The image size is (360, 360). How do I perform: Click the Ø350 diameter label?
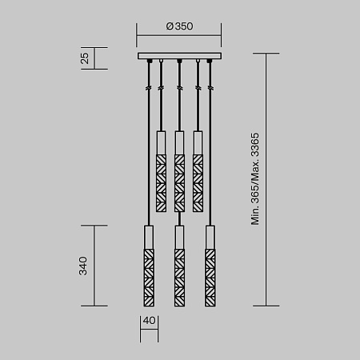pyautogui.click(x=179, y=26)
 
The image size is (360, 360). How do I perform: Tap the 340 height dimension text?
pyautogui.click(x=83, y=266)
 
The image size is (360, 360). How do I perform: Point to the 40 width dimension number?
pyautogui.click(x=149, y=321)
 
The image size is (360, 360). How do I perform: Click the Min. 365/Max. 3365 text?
pyautogui.click(x=255, y=179)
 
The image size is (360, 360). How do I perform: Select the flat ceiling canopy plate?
pyautogui.click(x=179, y=56)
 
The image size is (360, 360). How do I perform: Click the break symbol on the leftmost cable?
pyautogui.click(x=148, y=87)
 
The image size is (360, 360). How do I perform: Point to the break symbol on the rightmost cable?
pyautogui.click(x=210, y=87)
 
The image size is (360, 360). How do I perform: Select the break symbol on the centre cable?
pyautogui.click(x=179, y=87)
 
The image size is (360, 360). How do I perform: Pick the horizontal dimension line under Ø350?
pyautogui.click(x=179, y=36)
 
